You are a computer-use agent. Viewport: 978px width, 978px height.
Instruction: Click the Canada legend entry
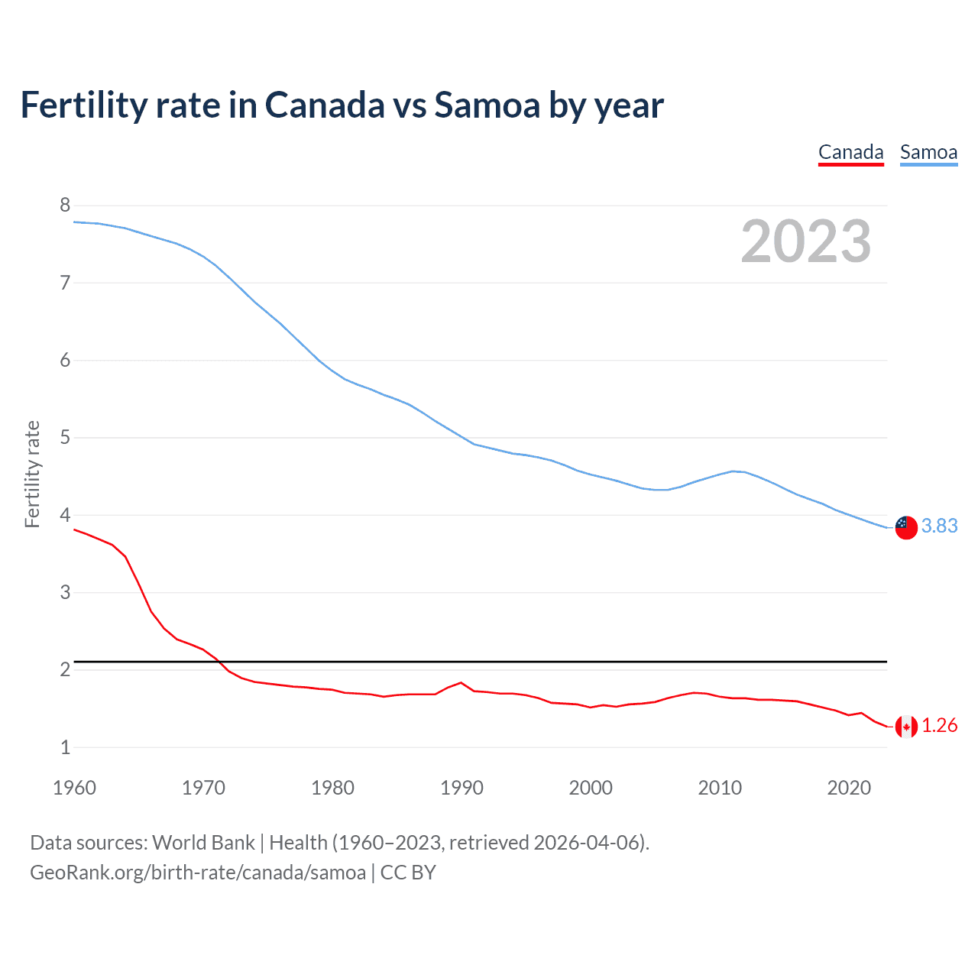click(850, 153)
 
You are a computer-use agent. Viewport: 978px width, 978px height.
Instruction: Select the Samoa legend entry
click(928, 153)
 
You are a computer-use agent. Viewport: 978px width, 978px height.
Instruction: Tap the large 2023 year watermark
click(806, 241)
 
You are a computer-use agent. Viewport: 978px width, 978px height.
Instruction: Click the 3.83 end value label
click(939, 526)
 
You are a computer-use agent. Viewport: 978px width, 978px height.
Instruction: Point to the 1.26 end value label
click(939, 725)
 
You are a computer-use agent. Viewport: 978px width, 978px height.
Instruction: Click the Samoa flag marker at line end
click(906, 527)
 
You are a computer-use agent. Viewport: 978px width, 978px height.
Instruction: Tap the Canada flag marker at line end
click(906, 727)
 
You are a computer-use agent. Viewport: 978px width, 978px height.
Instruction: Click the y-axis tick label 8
click(65, 205)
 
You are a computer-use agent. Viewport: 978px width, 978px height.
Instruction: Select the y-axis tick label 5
click(65, 438)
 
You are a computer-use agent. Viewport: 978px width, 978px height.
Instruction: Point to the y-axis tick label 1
click(65, 747)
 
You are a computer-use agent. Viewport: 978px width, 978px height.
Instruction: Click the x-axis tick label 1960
click(74, 788)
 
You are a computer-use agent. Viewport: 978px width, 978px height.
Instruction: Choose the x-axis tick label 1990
click(461, 788)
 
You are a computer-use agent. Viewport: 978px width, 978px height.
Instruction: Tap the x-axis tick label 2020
click(849, 788)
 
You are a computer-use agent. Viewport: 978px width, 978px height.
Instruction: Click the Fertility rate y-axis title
click(32, 474)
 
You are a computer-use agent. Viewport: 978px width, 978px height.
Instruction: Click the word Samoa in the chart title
click(487, 105)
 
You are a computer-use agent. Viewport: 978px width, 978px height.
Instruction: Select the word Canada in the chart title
click(325, 105)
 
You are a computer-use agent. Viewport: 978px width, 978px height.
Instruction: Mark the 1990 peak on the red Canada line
click(461, 682)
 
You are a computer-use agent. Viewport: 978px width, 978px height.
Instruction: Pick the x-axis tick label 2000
click(591, 788)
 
